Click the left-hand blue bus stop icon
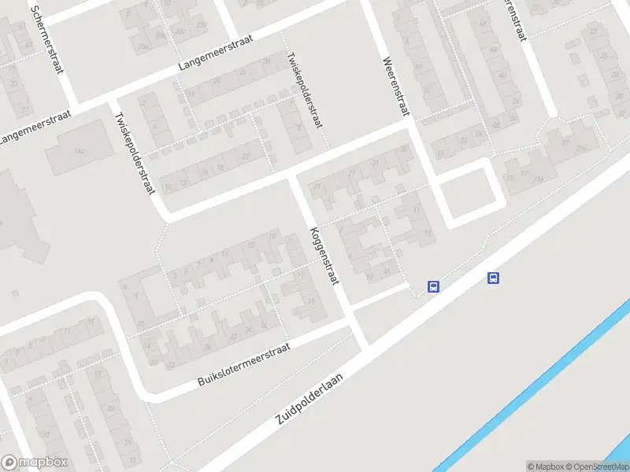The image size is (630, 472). pos(433,286)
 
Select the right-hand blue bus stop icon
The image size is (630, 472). pos(494,278)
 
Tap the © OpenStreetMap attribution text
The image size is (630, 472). pos(596,466)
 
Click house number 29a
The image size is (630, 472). pos(583,148)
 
